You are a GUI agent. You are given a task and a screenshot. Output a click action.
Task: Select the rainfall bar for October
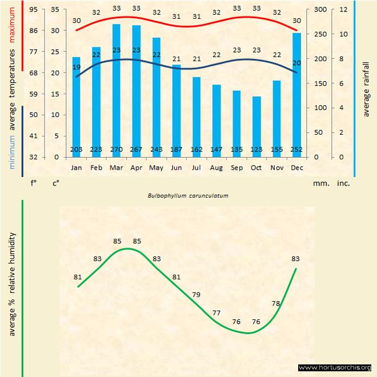pos(256,126)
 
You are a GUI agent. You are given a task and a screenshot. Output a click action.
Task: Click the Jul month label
pos(196,168)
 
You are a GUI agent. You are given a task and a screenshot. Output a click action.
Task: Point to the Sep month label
pos(236,168)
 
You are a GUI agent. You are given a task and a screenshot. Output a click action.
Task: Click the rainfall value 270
pos(116,150)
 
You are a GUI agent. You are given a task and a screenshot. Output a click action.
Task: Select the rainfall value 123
pos(256,150)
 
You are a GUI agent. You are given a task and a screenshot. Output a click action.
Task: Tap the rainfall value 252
pos(296,150)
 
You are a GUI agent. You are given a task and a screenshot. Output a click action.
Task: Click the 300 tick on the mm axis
pos(319,10)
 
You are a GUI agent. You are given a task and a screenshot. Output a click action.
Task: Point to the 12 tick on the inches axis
pos(343,10)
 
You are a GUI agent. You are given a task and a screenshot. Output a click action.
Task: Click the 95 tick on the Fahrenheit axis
pos(34,10)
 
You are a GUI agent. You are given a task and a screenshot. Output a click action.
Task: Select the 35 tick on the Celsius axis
pos(54,10)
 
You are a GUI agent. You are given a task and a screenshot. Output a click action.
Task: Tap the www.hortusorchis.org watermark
pos(335,367)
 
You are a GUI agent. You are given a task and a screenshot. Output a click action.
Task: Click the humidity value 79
pos(196,295)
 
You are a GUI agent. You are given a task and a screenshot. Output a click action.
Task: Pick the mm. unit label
pos(320,183)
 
